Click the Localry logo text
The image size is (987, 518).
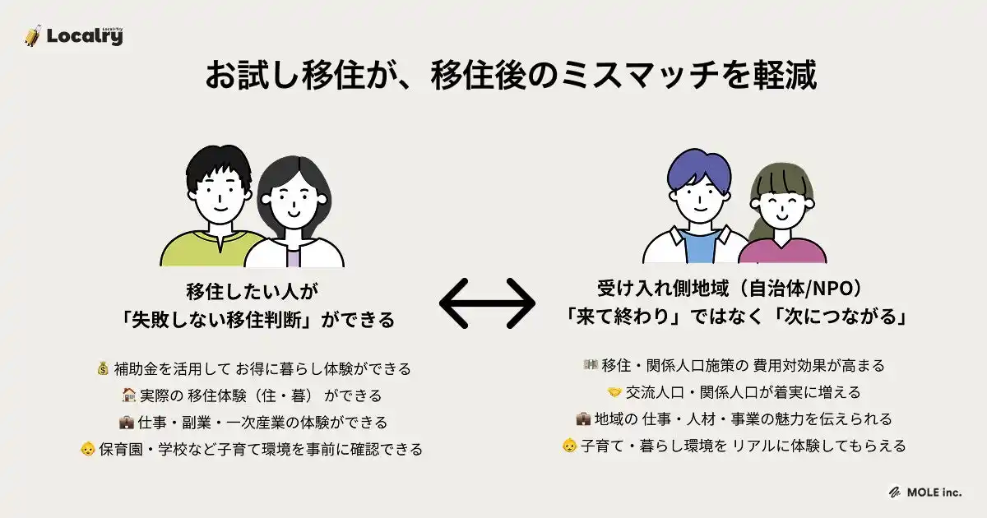click(x=85, y=36)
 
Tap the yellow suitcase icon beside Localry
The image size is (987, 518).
click(x=33, y=35)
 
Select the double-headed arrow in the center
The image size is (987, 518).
click(x=487, y=303)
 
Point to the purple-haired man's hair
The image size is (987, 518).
click(x=699, y=172)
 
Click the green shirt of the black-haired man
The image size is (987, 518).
click(x=211, y=249)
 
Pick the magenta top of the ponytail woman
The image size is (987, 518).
click(x=782, y=251)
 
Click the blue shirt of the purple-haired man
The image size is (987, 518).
click(x=700, y=247)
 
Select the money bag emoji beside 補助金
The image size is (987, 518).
click(x=103, y=368)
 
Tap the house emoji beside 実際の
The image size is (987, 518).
click(x=128, y=395)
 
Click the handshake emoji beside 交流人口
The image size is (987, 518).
click(x=614, y=392)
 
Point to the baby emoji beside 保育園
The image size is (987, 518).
click(x=88, y=449)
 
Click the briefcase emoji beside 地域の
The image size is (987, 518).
click(x=583, y=419)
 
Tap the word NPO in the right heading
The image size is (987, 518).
click(x=832, y=288)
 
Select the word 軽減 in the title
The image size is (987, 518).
click(x=785, y=76)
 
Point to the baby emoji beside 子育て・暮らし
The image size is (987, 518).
click(x=569, y=446)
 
